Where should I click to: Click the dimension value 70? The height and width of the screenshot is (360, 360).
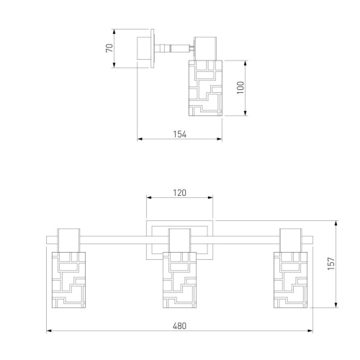[x=109, y=48]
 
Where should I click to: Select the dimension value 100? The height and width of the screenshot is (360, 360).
[x=240, y=88]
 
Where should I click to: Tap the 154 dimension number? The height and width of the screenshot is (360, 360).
[x=180, y=135]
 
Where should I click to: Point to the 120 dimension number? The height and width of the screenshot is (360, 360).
[x=180, y=193]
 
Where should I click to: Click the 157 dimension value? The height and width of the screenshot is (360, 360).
[x=331, y=264]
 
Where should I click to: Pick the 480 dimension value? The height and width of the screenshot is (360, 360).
[x=179, y=326]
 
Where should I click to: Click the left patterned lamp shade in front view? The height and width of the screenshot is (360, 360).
[x=68, y=280]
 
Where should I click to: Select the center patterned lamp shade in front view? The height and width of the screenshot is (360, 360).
[x=179, y=280]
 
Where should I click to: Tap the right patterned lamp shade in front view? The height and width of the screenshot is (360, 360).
[x=291, y=280]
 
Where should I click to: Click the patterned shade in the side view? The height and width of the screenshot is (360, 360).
[x=205, y=88]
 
